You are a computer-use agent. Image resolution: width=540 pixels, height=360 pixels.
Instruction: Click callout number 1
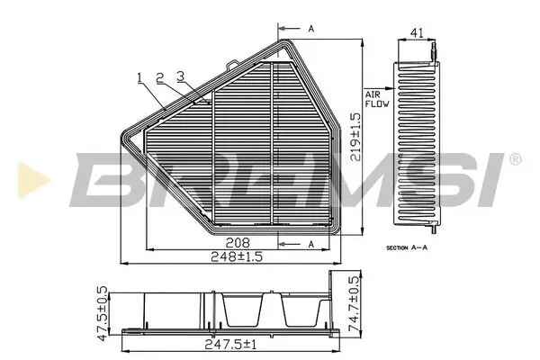tap(140, 76)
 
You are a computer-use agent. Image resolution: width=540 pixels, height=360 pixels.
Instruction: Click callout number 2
tap(159, 76)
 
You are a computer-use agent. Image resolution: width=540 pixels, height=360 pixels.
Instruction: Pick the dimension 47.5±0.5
tap(103, 311)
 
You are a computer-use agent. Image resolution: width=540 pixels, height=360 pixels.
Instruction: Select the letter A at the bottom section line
tap(311, 243)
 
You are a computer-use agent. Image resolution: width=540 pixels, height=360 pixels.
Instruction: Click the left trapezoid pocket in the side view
tap(240, 310)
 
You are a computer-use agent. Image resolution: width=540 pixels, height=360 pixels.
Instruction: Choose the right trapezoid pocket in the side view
tap(298, 310)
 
